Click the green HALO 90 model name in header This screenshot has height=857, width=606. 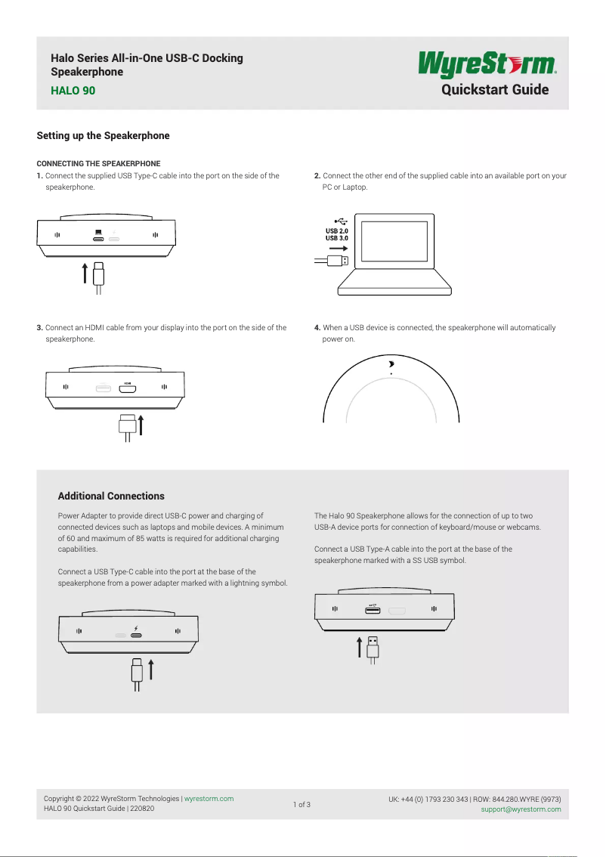(73, 91)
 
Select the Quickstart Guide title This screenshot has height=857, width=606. (495, 90)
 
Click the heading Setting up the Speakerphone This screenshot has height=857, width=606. (104, 136)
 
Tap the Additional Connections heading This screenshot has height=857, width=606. (111, 497)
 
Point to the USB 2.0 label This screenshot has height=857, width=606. (336, 230)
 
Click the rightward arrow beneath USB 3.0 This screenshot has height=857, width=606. (339, 248)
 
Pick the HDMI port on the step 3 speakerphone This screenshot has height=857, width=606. (128, 389)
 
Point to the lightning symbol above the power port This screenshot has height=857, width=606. (136, 628)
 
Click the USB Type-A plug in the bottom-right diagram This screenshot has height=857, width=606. (373, 647)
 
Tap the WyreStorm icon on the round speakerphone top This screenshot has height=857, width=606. (391, 364)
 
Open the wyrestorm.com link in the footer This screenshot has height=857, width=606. (209, 799)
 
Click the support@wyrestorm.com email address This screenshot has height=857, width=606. (521, 809)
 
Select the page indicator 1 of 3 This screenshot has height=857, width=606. (301, 804)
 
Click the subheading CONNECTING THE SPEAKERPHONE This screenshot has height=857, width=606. (98, 163)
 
